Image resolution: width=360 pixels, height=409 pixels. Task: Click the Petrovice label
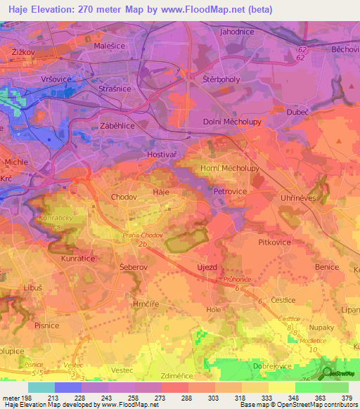pos(229,190)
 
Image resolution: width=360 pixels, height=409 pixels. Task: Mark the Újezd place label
pos(210,267)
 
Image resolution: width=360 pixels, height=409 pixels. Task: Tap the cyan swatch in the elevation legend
pos(41,387)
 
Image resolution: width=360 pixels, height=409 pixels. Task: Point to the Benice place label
pos(327,268)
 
